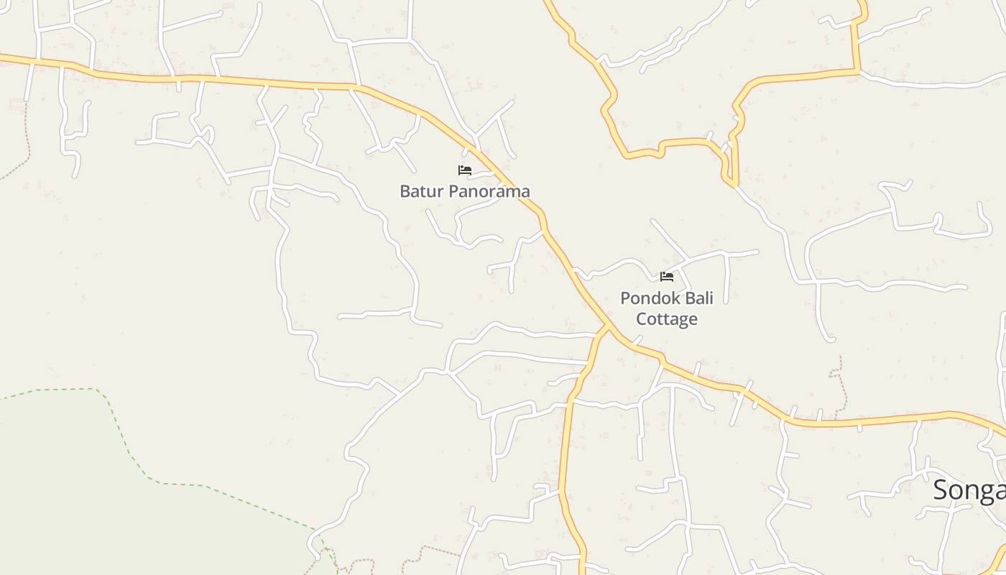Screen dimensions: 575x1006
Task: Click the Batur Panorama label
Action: click(x=465, y=191)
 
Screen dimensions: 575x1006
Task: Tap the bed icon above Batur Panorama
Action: click(x=465, y=170)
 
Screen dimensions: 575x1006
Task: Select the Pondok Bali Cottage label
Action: click(x=667, y=308)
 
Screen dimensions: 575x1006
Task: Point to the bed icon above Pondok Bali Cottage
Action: click(x=667, y=276)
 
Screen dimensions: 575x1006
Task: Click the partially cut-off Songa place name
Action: click(x=969, y=490)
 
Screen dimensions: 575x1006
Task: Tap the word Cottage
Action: click(x=667, y=318)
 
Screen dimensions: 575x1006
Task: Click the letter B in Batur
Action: click(x=405, y=191)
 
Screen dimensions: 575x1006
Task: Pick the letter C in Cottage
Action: click(x=642, y=318)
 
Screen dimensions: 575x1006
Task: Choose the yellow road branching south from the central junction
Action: click(x=566, y=431)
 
